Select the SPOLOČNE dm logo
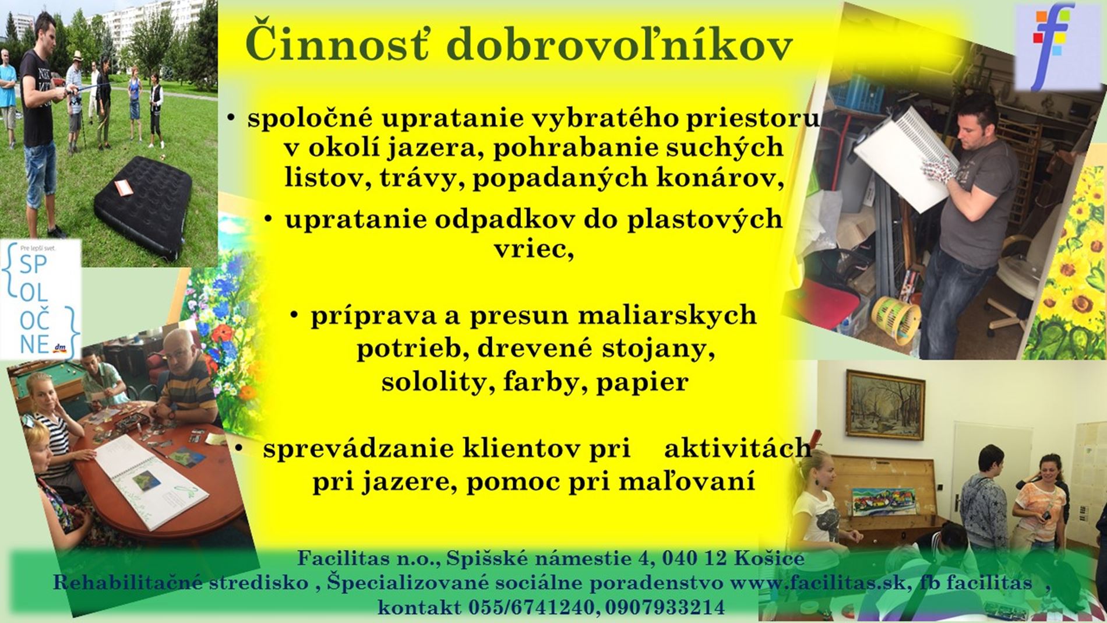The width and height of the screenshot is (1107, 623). coord(41,299)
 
